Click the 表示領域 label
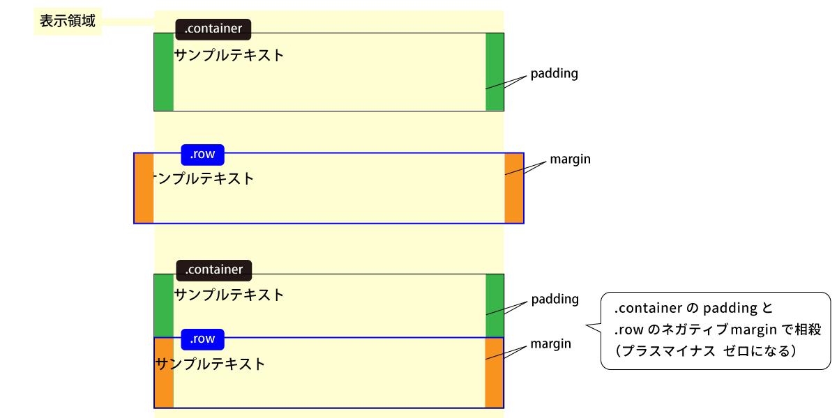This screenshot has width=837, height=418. click(68, 22)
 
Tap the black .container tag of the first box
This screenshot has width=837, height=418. click(213, 29)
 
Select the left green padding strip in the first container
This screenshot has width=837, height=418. click(164, 72)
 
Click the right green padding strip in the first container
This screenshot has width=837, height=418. click(495, 72)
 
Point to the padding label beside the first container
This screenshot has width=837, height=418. click(554, 74)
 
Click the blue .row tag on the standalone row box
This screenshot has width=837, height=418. click(202, 155)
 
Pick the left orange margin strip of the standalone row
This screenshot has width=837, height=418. click(144, 188)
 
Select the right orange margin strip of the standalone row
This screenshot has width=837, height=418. click(514, 188)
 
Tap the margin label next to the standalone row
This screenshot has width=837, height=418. click(571, 160)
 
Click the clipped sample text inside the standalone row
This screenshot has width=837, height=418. click(203, 178)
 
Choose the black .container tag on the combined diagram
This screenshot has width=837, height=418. click(214, 270)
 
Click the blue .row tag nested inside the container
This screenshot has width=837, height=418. click(202, 339)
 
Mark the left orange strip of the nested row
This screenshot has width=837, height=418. click(165, 373)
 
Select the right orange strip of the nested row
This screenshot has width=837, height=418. click(495, 373)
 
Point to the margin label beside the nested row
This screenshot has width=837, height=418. click(551, 343)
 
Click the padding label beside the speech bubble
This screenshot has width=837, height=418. click(555, 300)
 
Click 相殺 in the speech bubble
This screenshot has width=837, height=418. click(808, 330)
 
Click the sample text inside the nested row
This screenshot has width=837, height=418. click(210, 364)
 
